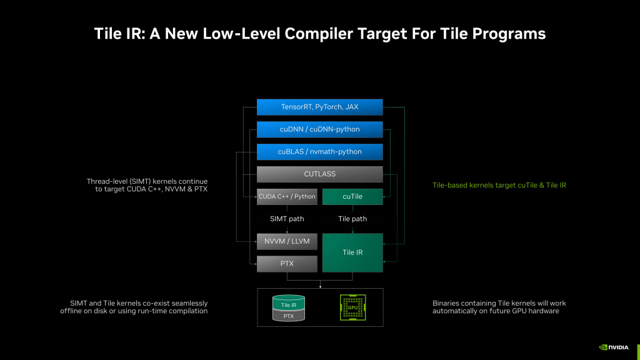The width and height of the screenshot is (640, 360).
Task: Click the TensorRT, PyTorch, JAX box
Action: [319, 107]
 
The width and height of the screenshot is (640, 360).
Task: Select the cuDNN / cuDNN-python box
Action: [319, 129]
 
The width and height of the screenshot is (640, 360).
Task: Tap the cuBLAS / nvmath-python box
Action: [319, 152]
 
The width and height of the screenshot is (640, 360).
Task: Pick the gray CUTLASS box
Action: [319, 174]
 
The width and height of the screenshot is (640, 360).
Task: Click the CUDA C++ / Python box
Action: [287, 197]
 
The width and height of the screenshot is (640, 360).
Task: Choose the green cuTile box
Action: [352, 197]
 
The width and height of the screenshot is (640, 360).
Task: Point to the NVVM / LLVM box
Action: [287, 241]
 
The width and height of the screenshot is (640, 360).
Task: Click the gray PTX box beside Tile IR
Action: [287, 264]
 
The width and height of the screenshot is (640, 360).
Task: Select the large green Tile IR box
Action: [352, 252]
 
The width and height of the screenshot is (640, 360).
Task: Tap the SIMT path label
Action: [287, 219]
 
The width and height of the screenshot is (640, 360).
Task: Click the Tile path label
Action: [352, 219]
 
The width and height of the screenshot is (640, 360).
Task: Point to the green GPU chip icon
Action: [352, 307]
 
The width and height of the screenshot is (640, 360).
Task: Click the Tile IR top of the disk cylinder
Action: [289, 303]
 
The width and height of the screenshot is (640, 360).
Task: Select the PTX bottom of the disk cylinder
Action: [289, 316]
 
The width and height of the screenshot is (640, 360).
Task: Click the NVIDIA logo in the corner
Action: [614, 347]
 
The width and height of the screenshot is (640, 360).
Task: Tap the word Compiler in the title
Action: [319, 34]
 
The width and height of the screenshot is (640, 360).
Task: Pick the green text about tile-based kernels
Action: [499, 185]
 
